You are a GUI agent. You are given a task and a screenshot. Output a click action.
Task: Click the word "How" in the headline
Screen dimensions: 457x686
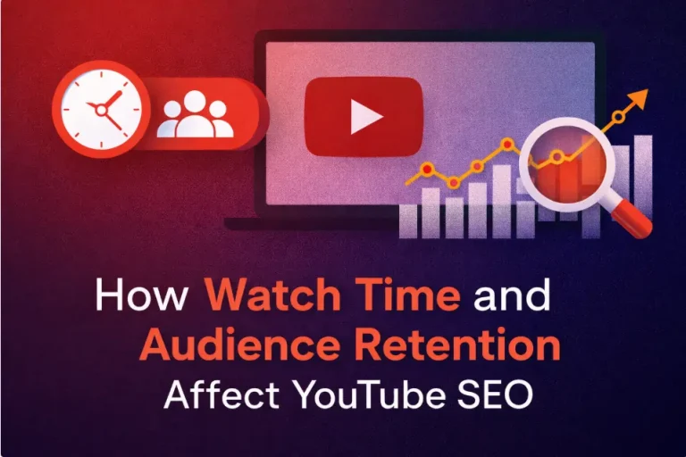(x=143, y=295)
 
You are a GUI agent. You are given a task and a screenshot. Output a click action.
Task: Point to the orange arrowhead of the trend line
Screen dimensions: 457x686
(x=639, y=97)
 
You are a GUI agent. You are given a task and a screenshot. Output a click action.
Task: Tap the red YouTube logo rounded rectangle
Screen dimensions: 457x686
(x=363, y=116)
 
